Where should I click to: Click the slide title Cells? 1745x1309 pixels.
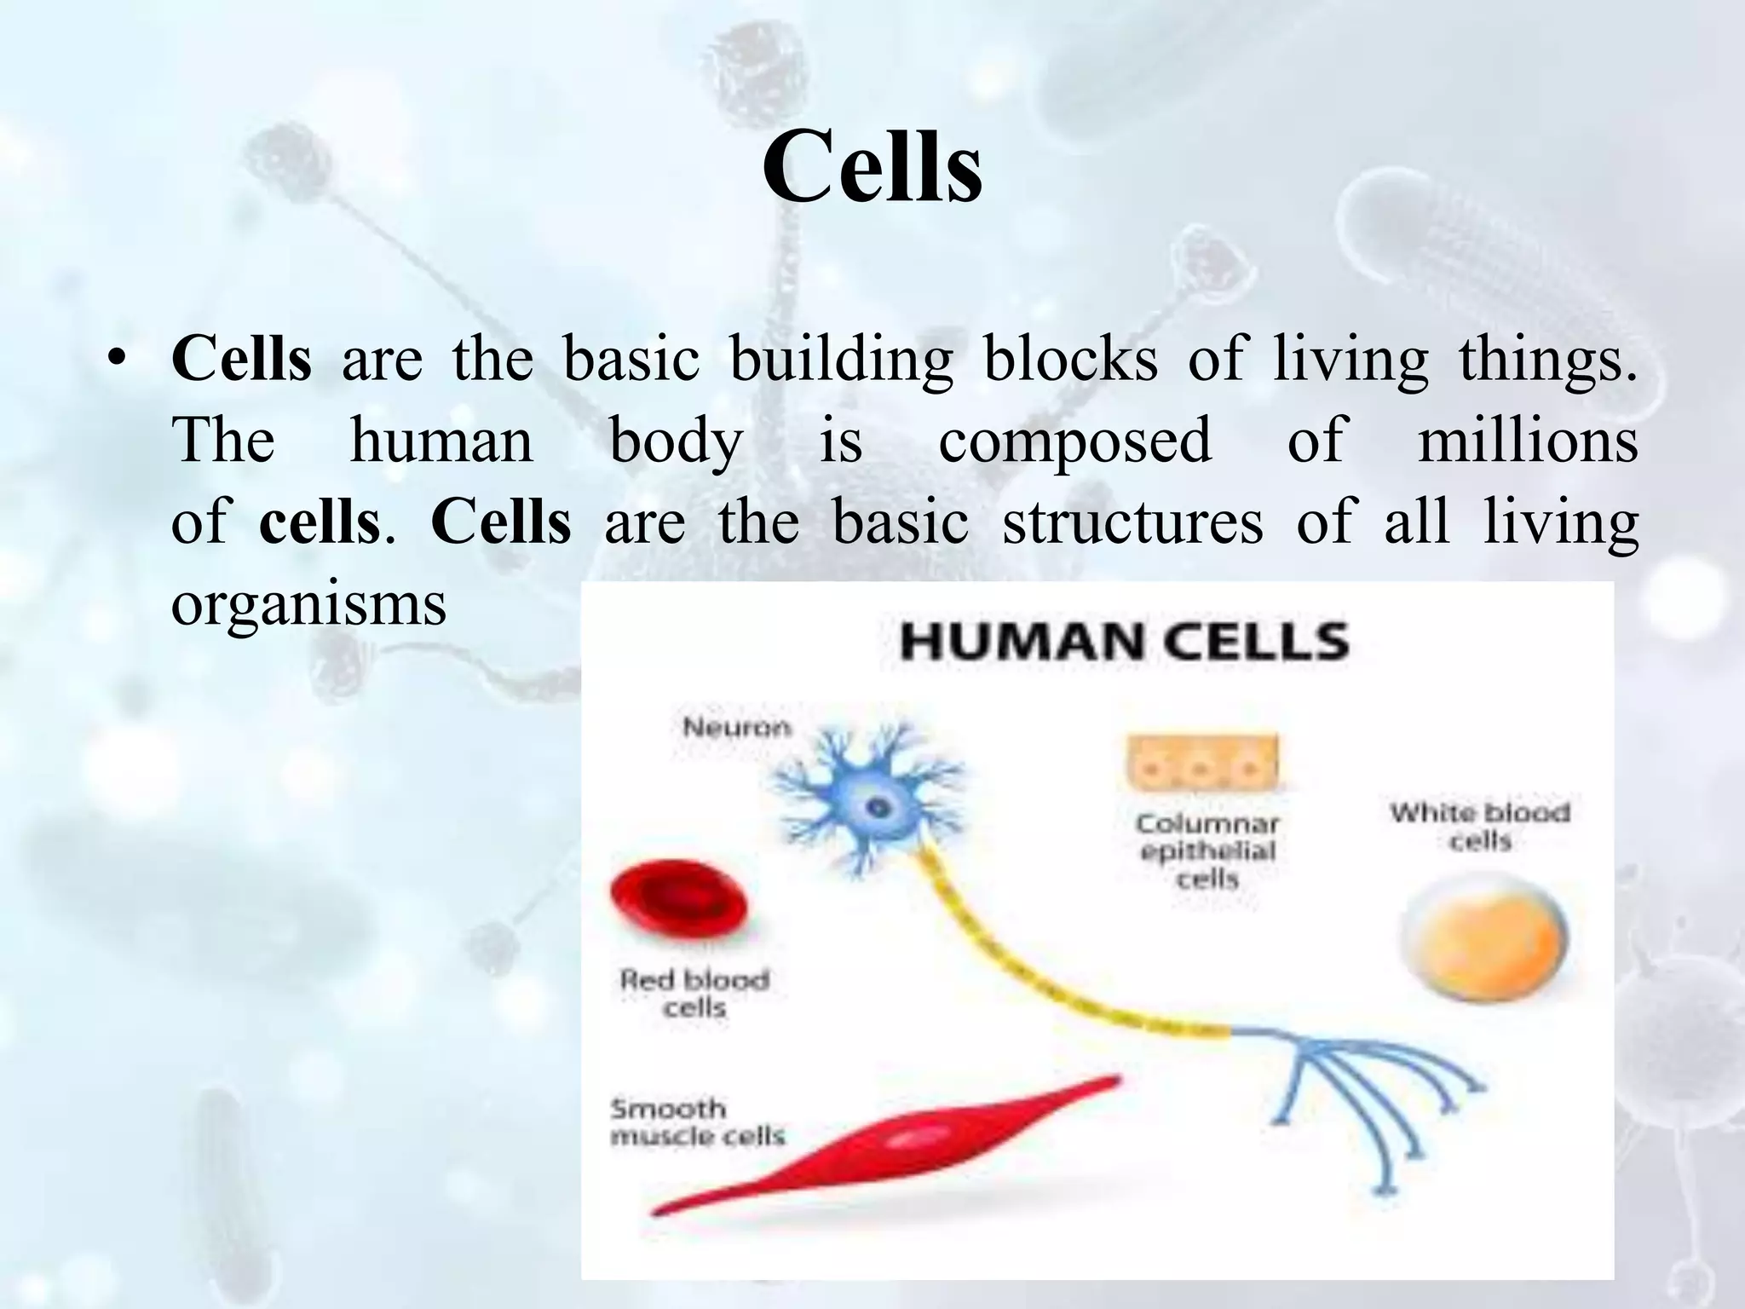(872, 167)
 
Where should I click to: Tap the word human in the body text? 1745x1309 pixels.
(441, 441)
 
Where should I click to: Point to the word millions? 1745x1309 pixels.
(1527, 441)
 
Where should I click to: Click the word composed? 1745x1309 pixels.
(1074, 441)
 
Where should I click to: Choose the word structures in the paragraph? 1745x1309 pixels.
(1132, 522)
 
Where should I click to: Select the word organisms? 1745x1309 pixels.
(308, 603)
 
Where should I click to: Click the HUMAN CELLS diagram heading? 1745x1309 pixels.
(1124, 642)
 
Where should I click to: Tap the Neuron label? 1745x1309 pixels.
(737, 727)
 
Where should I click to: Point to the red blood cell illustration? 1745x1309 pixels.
(679, 903)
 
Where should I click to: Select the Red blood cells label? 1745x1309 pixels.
(694, 994)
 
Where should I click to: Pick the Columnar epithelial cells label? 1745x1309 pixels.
(1207, 851)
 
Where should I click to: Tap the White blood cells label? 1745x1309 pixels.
(1480, 826)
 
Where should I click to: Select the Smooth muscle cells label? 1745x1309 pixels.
(697, 1122)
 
